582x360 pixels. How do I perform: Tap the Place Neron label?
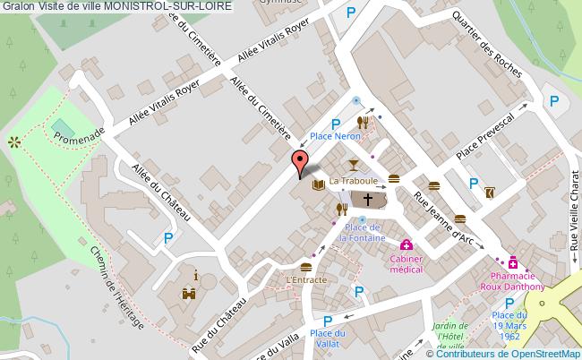335,137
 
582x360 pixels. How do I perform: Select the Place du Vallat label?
329,339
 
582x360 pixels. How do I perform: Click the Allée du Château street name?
162,193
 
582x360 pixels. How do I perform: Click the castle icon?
189,292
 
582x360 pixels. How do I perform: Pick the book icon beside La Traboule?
318,185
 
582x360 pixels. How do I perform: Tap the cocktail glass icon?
354,163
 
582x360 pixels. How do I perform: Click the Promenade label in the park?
79,136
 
